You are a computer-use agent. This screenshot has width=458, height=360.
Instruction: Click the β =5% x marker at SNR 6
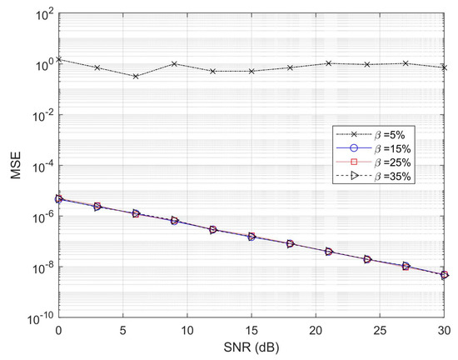[135, 76]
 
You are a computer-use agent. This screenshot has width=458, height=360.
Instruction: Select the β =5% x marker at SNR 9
[174, 63]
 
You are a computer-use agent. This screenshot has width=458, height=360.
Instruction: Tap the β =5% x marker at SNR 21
[329, 63]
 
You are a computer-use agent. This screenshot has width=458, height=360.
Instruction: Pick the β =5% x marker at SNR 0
[58, 60]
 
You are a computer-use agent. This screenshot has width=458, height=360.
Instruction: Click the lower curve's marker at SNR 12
[212, 229]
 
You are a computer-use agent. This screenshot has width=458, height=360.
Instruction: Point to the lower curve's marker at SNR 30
[445, 275]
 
